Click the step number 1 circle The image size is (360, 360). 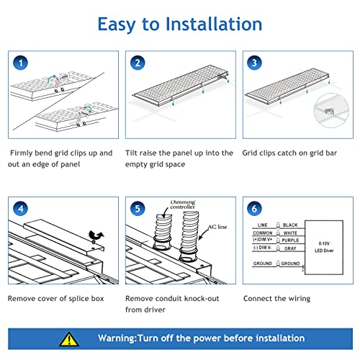coord(20,63)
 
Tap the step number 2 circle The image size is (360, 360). coord(138,63)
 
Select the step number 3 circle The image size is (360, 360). coord(254,63)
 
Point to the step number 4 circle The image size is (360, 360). coord(20,208)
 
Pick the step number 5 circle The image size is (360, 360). coord(138,208)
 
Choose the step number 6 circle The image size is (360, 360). coord(254,208)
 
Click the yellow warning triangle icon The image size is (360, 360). coord(69,339)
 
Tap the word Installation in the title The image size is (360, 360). coord(214,24)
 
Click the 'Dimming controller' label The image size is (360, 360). coord(183,204)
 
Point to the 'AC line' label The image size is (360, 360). coord(217,227)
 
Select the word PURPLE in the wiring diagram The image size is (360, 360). coord(290,240)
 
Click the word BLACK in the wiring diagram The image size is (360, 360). coord(290,225)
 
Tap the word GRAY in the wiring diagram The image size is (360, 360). coord(290,248)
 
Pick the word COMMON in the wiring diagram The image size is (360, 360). coord(263,233)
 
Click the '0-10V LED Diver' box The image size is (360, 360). coord(324,247)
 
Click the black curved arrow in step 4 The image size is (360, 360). coord(96,235)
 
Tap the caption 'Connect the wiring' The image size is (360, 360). coord(276,299)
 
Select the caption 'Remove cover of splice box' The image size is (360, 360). coord(56,299)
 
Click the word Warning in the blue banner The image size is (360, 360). coord(117,338)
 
